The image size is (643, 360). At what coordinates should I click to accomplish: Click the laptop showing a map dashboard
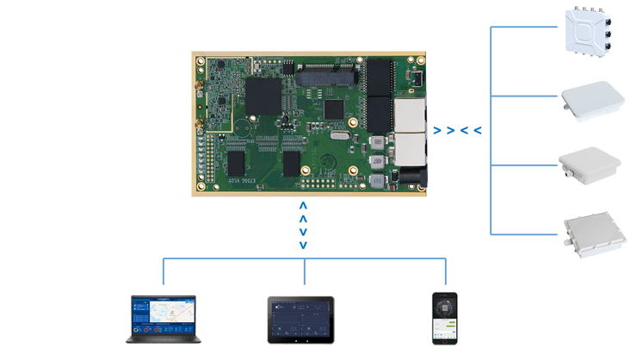pyautogui.click(x=164, y=318)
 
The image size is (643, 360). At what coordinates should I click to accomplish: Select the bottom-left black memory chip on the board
pyautogui.click(x=236, y=163)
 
